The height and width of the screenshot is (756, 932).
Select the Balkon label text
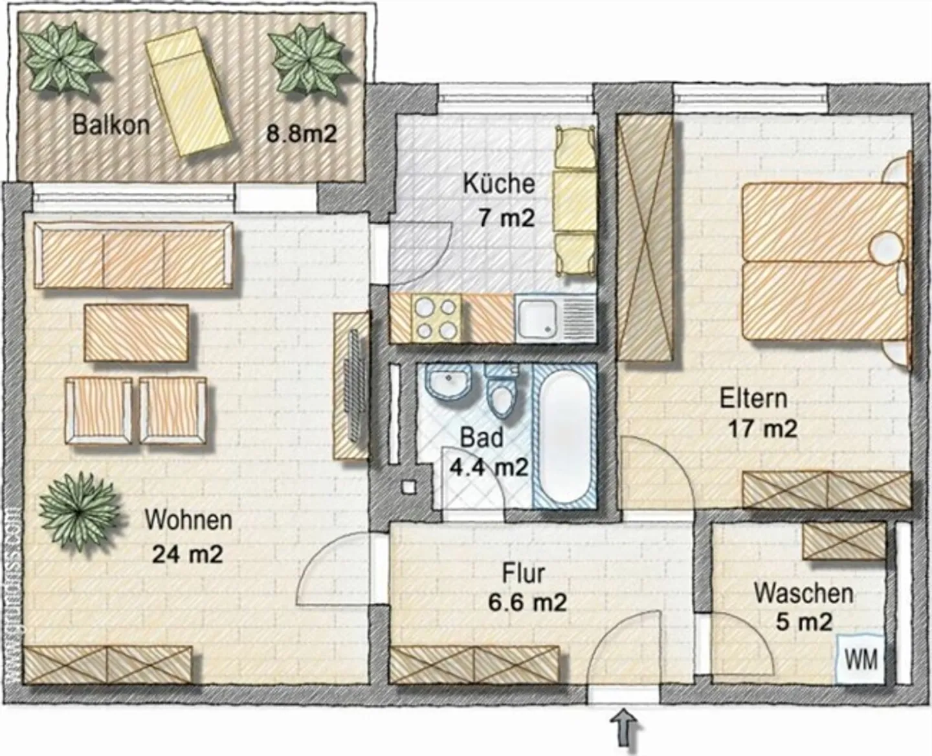pos(111,124)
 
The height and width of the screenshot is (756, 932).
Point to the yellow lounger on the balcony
pos(188,94)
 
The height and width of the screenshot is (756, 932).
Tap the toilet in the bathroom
pos(502,392)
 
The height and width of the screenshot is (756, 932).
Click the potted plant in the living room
pos(79,511)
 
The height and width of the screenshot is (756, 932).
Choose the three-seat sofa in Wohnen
pos(133,256)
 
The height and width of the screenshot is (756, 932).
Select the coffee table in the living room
pos(137,333)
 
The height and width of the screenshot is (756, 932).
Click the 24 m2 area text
pos(187,554)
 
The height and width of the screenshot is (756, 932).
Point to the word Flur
pos(523,573)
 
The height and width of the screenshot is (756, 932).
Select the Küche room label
pos(498,183)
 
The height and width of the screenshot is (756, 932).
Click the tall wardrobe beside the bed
pos(644,238)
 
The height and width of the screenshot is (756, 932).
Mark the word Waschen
pos(803,593)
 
